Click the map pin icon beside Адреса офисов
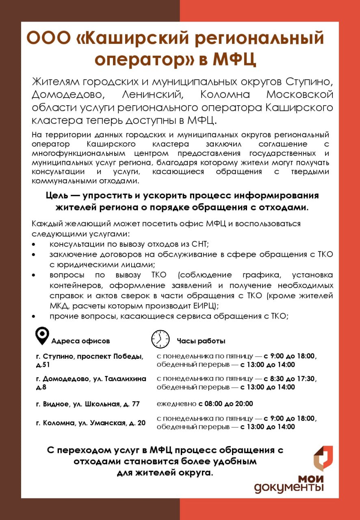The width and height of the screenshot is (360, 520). [x=42, y=336]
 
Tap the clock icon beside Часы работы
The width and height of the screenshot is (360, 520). [x=160, y=339]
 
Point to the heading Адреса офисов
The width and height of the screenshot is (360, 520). [x=80, y=341]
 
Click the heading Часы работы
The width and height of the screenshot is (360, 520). [x=201, y=341]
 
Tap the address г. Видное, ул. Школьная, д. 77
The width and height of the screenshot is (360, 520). [x=88, y=404]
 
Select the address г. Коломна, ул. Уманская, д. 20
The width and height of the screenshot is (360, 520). [x=91, y=423]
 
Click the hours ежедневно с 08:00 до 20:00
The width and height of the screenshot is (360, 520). [x=205, y=404]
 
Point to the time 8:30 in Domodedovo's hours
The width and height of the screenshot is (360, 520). [x=277, y=379]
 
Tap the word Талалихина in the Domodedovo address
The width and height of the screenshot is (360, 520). [x=126, y=379]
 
